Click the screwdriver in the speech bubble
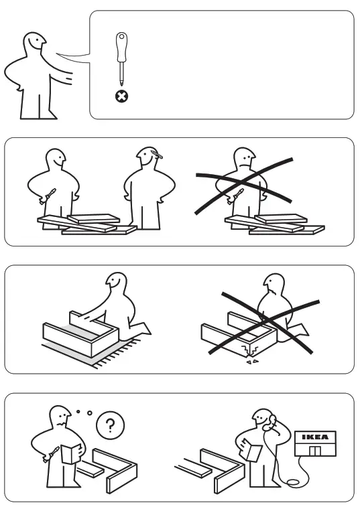(x=121, y=57)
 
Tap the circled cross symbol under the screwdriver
(x=121, y=96)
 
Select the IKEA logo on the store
(x=315, y=438)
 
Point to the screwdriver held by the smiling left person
(x=49, y=196)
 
